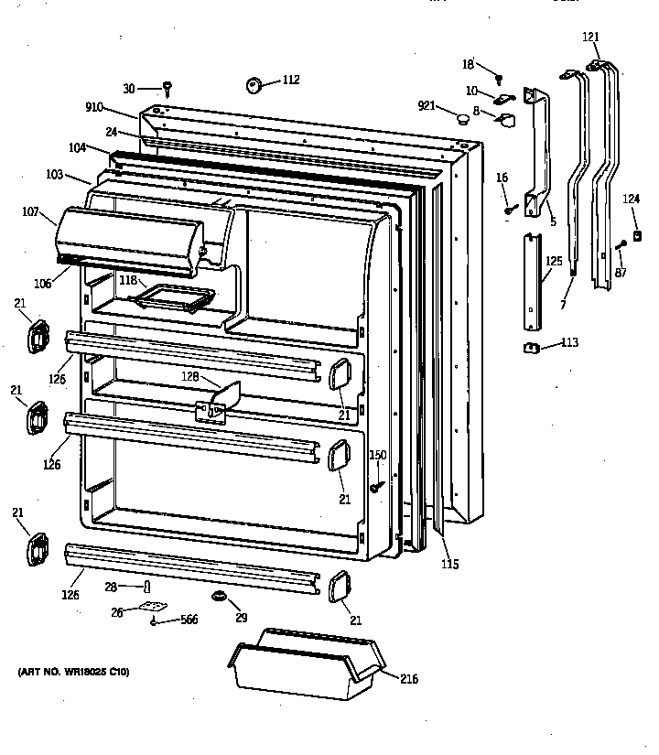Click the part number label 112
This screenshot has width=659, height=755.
[290, 80]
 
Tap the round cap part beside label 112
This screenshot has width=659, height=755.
[254, 86]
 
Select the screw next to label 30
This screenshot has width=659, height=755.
[168, 88]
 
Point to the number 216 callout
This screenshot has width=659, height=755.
[409, 678]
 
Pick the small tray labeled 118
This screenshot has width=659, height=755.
[174, 298]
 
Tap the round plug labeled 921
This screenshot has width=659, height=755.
[463, 117]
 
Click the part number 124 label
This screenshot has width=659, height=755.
[632, 199]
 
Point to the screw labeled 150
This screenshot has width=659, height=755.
[375, 488]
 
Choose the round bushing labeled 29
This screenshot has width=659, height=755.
[219, 598]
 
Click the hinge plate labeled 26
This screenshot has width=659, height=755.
[157, 608]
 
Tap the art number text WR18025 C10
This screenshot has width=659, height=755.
[74, 673]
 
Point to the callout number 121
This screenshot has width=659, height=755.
[591, 38]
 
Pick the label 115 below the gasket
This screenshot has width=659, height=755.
[449, 565]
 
